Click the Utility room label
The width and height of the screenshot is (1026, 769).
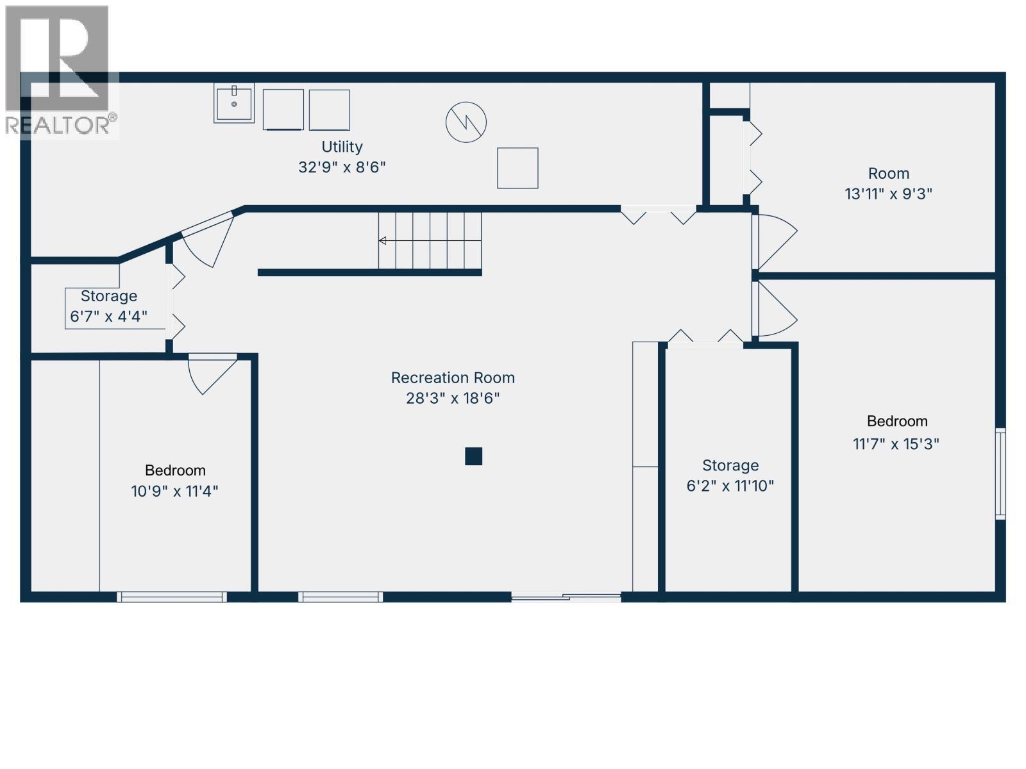(342, 147)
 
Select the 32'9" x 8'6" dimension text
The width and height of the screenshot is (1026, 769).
(342, 167)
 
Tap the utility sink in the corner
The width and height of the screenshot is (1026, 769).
(234, 103)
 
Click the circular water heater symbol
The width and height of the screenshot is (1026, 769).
(466, 122)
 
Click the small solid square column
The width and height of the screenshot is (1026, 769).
(473, 456)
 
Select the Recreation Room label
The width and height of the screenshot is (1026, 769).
(453, 377)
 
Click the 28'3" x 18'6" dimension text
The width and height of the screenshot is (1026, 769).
(453, 398)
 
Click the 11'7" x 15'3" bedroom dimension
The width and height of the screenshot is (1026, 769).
(896, 443)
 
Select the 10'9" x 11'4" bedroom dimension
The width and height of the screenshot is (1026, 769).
(174, 491)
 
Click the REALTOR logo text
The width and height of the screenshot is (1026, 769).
(61, 124)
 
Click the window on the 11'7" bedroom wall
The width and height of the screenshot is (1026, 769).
(1000, 473)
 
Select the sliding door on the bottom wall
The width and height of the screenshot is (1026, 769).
(566, 597)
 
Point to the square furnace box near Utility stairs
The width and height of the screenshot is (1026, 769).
(517, 168)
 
